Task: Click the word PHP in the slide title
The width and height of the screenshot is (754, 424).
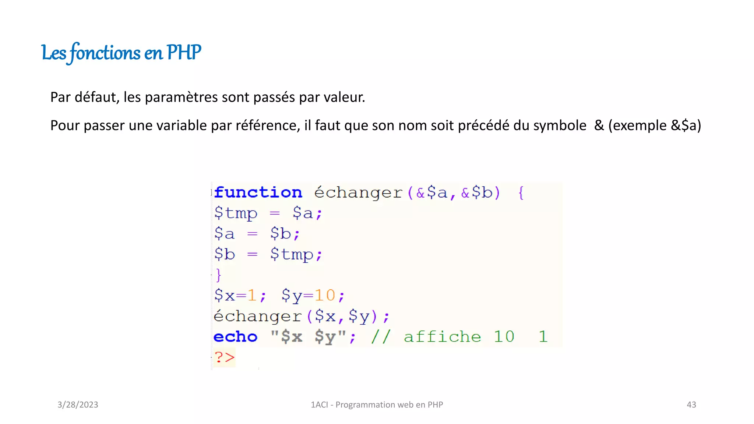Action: click(x=184, y=52)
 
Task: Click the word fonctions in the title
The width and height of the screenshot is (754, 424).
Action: click(x=105, y=53)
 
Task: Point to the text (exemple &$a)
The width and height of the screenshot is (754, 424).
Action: click(x=655, y=126)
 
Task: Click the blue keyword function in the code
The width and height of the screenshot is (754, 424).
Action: click(x=258, y=192)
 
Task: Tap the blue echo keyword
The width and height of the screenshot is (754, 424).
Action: click(x=235, y=337)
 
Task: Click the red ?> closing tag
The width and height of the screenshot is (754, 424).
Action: click(x=224, y=357)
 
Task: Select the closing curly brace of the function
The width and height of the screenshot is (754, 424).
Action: click(x=218, y=275)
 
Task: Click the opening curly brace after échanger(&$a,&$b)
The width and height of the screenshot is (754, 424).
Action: click(x=521, y=192)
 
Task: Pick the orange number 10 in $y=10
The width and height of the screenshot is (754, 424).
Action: click(x=325, y=296)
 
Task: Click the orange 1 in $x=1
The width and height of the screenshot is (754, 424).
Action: click(x=252, y=296)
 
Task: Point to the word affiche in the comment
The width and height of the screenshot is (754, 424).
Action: click(x=442, y=337)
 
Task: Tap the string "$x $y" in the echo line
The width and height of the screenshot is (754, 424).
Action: click(x=309, y=337)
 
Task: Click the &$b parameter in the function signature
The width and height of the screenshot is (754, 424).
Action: click(x=477, y=192)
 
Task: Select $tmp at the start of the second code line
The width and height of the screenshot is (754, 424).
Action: click(x=236, y=213)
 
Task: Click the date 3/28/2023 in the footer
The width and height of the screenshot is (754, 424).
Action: click(x=78, y=405)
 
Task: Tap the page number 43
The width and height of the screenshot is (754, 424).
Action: click(x=691, y=405)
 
